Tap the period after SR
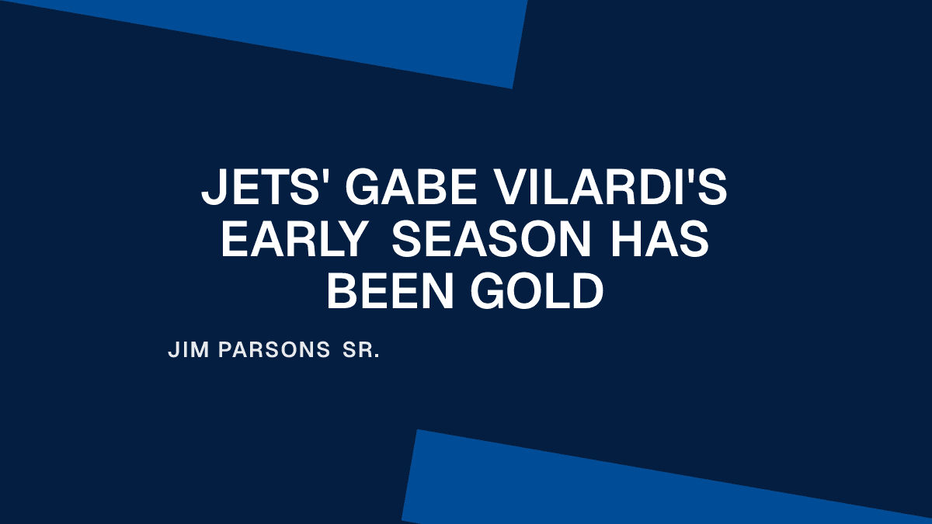tap(377, 357)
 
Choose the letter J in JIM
tap(173, 351)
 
